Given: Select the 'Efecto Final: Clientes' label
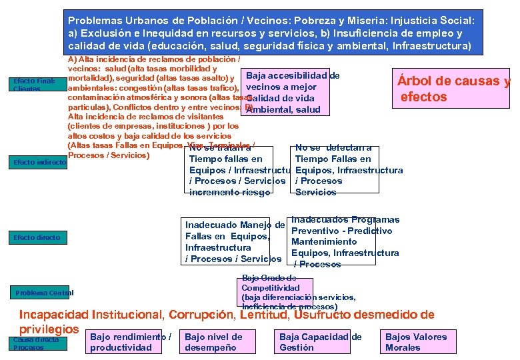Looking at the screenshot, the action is pos(36,85).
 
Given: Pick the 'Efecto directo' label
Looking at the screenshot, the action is pos(37,237).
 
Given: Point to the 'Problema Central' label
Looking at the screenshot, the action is pos(43,293).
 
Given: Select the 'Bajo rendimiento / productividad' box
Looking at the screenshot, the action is pos(131,342).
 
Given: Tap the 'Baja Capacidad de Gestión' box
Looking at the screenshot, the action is pos(320,342).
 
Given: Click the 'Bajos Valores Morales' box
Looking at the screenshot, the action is pos(416,342).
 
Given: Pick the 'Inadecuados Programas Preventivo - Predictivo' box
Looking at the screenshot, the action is pos(344,241).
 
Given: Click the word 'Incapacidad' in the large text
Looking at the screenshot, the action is pos(57,315).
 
